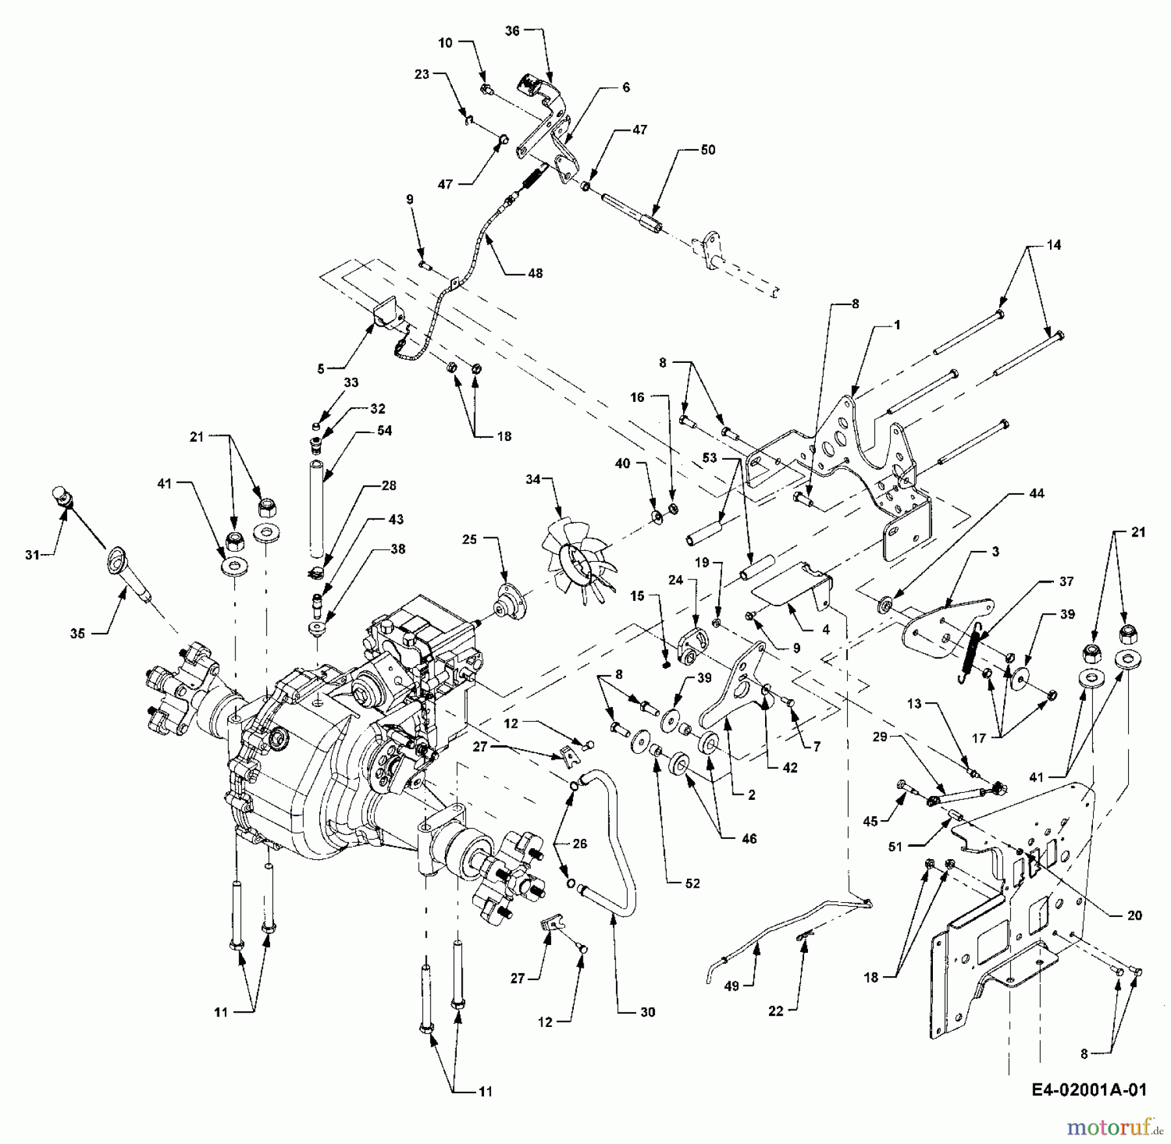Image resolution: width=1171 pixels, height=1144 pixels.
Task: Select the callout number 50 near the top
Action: click(708, 150)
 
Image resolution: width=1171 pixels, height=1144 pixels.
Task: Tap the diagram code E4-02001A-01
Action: click(1088, 1090)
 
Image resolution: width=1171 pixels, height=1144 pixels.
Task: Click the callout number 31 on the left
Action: click(32, 554)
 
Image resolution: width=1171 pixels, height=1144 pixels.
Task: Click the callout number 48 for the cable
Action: click(535, 273)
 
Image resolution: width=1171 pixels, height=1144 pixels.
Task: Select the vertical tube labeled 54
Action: click(316, 507)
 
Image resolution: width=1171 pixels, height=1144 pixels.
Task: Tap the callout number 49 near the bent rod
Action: click(733, 986)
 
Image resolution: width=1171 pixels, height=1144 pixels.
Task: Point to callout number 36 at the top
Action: click(513, 31)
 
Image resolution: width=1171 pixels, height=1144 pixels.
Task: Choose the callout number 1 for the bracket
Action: click(898, 325)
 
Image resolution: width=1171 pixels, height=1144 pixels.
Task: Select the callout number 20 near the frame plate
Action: click(1134, 915)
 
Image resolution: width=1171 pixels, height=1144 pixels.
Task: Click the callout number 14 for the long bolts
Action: click(1053, 245)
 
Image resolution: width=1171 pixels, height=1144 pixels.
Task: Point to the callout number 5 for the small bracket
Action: click(321, 369)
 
